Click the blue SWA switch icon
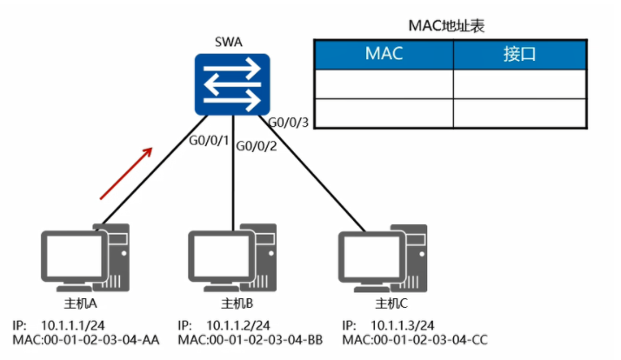pyautogui.click(x=230, y=84)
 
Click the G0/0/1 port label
pyautogui.click(x=209, y=138)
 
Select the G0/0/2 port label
pyautogui.click(x=255, y=145)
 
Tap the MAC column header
pyautogui.click(x=383, y=54)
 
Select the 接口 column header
pyautogui.click(x=519, y=54)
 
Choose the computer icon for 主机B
pyautogui.click(x=230, y=257)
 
